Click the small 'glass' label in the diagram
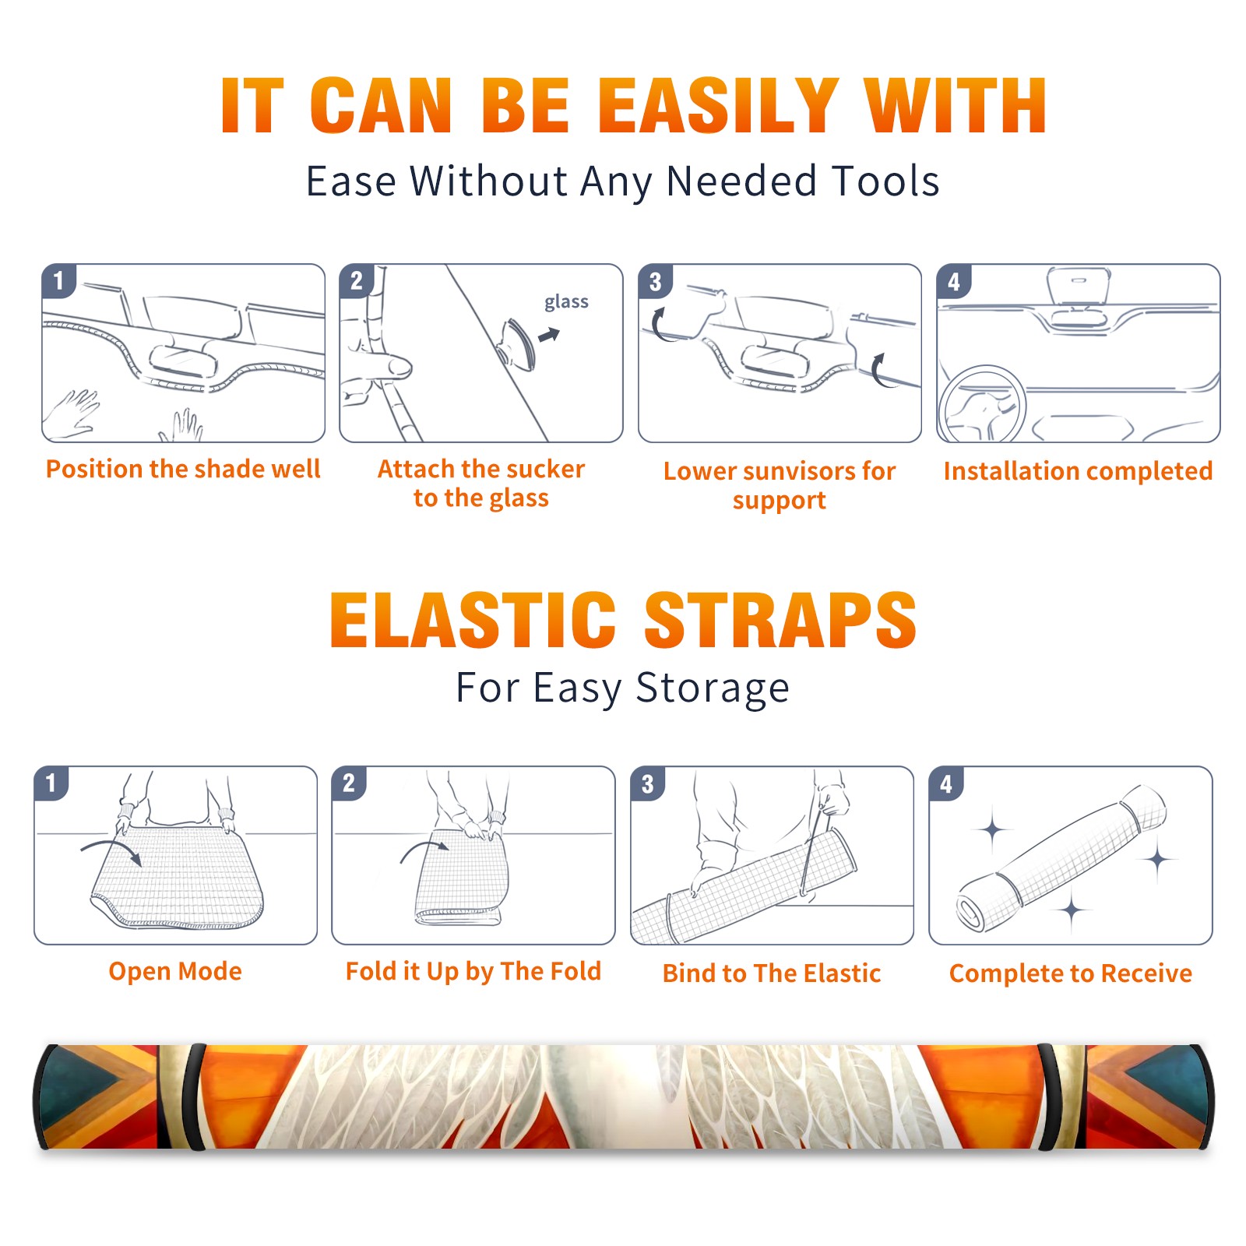click(x=566, y=302)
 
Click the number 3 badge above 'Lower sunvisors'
click(x=655, y=281)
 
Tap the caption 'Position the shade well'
click(x=183, y=469)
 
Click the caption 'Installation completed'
click(x=1078, y=470)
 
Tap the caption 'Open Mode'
click(x=175, y=971)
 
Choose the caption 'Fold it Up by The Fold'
click(x=473, y=971)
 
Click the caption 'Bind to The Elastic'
click(x=772, y=973)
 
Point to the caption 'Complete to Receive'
click(x=1071, y=973)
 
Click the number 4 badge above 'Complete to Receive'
click(x=946, y=783)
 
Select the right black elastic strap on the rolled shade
click(x=1050, y=1096)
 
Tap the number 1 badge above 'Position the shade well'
click(x=58, y=280)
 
